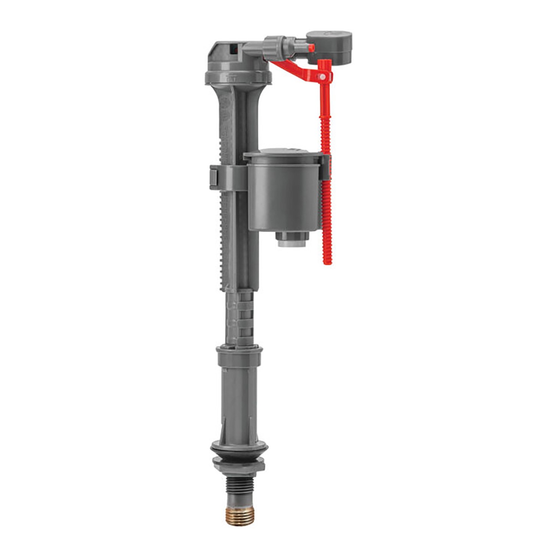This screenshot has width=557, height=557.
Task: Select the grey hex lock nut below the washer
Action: point(239,467)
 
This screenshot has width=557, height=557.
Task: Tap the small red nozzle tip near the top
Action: point(310,48)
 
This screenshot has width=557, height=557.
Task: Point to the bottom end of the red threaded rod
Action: point(327,260)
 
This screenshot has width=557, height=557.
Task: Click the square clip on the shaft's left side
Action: point(215,177)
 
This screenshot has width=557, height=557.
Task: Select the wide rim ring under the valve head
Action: point(238,77)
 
